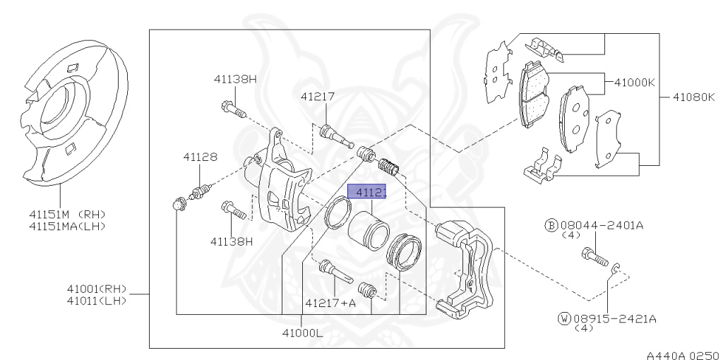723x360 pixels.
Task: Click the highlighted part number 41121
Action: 370,192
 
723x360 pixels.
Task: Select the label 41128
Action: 201,157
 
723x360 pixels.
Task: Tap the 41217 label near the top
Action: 317,97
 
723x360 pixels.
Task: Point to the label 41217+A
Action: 330,304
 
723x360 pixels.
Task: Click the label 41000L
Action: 301,333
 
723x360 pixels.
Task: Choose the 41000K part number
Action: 635,82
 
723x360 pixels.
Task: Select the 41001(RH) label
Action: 97,288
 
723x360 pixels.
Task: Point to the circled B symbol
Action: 551,225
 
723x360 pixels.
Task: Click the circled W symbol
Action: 563,319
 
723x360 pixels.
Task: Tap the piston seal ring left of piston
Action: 338,214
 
